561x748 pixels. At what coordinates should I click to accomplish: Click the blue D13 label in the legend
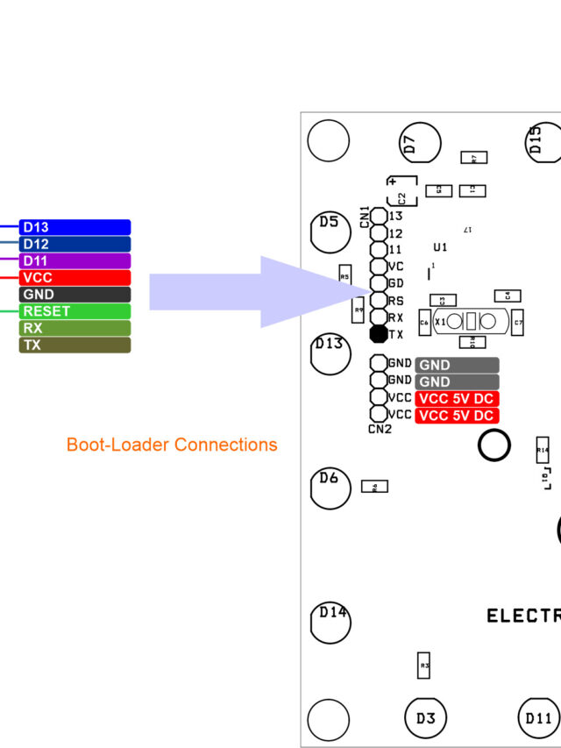[x=75, y=227]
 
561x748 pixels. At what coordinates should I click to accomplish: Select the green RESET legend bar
[x=75, y=311]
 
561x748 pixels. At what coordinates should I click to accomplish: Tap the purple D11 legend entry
[x=75, y=261]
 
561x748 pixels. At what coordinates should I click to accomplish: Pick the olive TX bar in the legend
[x=75, y=345]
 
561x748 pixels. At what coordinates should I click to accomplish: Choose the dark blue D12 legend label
[x=75, y=244]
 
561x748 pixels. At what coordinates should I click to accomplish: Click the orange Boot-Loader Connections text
[x=172, y=445]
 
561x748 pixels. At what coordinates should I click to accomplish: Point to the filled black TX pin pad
[x=379, y=333]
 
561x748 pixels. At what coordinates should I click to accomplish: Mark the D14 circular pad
[x=330, y=620]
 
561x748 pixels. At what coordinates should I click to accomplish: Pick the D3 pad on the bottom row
[x=425, y=718]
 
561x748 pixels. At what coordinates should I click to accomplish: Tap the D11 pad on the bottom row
[x=537, y=718]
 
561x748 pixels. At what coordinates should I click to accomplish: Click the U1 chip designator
[x=440, y=247]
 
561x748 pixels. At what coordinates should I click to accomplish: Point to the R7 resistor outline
[x=474, y=159]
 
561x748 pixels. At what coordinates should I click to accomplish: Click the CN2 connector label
[x=379, y=429]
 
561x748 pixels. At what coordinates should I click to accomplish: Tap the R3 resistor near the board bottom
[x=424, y=666]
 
